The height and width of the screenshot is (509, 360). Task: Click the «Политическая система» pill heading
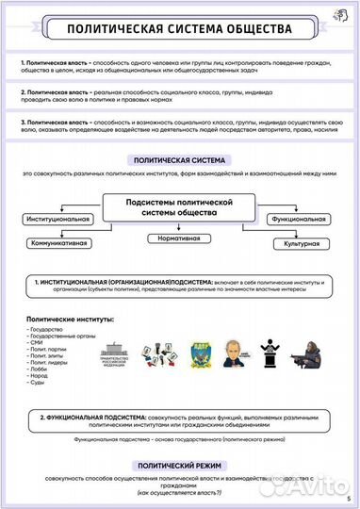click(x=179, y=161)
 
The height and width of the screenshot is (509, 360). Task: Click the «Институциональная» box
click(x=58, y=219)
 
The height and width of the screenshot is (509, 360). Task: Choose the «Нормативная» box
click(x=178, y=239)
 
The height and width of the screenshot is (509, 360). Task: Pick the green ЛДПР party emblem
click(x=199, y=353)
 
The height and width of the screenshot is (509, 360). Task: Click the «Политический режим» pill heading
click(x=179, y=466)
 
